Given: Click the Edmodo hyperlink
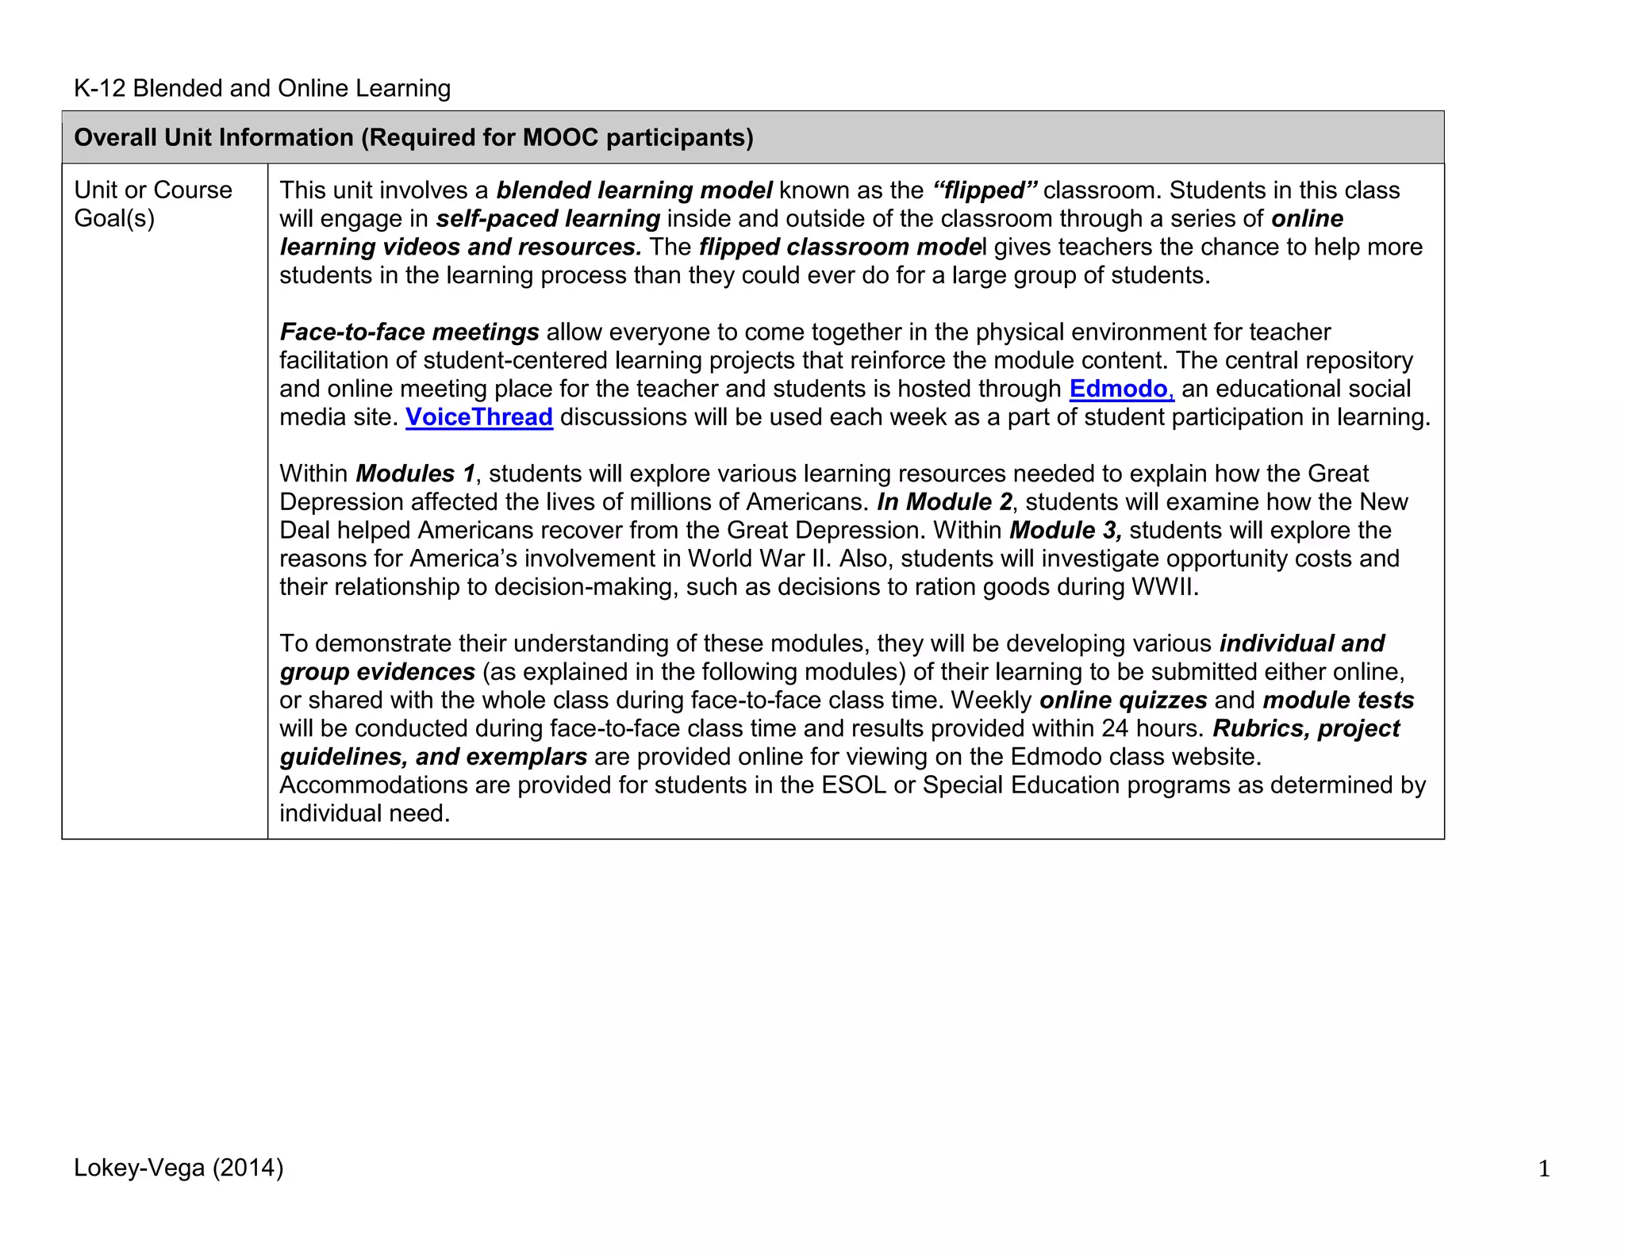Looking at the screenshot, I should coord(1118,389).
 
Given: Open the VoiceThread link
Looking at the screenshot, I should coord(478,417).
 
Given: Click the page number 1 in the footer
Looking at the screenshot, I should coord(1543,1169).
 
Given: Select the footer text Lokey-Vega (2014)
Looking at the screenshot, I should coord(179,1168).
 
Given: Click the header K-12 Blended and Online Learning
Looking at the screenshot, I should coord(262,88).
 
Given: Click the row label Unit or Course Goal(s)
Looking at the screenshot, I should coord(153,204).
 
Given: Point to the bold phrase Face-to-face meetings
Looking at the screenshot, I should coord(409,332).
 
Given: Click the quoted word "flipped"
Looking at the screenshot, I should coord(984,190).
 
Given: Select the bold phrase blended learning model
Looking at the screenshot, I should coord(634,190).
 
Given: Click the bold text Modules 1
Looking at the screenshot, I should coord(415,474).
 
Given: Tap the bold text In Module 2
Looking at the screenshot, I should coord(944,502).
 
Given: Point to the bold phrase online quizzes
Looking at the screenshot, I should coord(1123,700).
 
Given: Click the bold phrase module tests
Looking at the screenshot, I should coord(1338,700).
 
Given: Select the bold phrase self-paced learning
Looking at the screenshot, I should coord(547,219).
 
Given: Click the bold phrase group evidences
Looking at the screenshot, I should coord(377,672).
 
